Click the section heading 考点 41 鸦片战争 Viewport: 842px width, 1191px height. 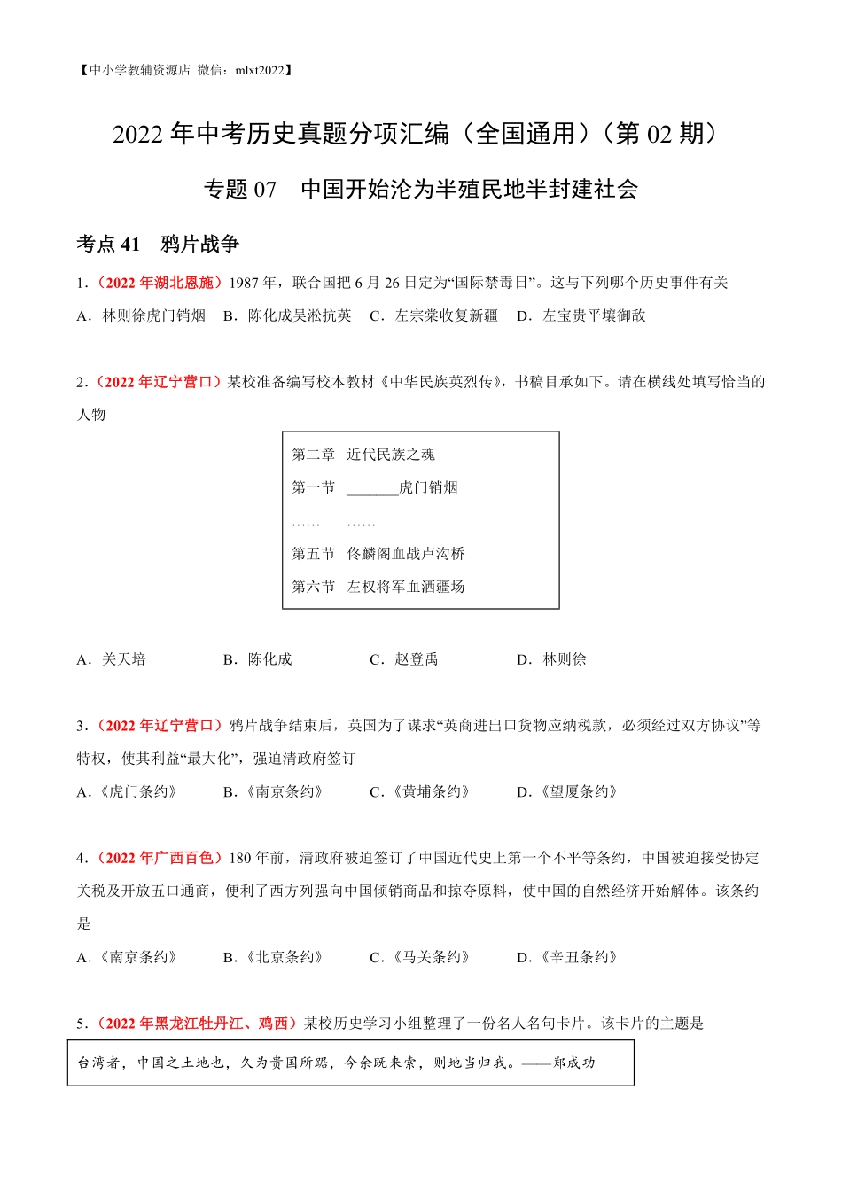[x=158, y=245]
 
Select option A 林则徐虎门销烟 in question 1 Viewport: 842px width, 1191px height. [x=143, y=315]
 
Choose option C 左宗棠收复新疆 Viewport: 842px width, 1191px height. [x=434, y=315]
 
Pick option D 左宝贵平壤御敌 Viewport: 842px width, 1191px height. [x=582, y=315]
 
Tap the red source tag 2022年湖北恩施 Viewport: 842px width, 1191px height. [x=159, y=283]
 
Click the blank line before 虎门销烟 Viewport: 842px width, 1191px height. [x=372, y=488]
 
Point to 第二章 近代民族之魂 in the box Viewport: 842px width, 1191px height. [x=363, y=455]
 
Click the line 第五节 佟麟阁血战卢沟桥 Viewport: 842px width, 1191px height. [x=378, y=554]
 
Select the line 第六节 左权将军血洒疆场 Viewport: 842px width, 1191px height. [x=378, y=587]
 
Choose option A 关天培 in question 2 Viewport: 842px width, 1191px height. [x=113, y=659]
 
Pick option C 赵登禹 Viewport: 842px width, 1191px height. [x=405, y=659]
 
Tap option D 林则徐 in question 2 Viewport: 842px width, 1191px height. [x=552, y=659]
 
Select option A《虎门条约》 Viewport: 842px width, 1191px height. [x=129, y=792]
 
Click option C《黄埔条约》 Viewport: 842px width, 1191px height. [x=420, y=792]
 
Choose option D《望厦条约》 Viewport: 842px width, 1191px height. [x=568, y=792]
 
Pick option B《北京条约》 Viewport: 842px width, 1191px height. [x=274, y=958]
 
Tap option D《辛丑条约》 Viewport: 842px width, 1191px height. [x=568, y=958]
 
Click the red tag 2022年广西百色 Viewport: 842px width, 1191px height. [x=159, y=858]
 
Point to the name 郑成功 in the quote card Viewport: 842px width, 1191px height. [x=573, y=1063]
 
